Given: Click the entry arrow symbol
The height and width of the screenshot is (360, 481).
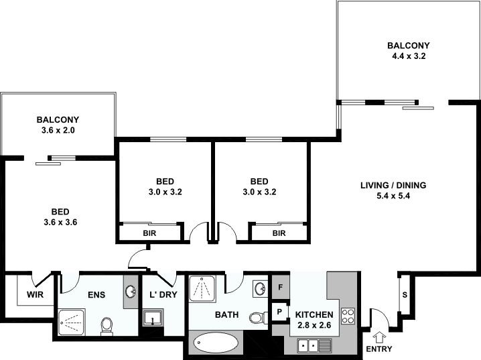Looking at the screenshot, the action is pyautogui.click(x=379, y=338).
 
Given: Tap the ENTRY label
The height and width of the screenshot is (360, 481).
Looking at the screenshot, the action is pyautogui.click(x=379, y=349).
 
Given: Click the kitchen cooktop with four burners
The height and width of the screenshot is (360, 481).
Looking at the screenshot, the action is pyautogui.click(x=348, y=316).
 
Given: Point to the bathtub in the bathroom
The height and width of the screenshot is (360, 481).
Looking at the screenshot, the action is pyautogui.click(x=216, y=343).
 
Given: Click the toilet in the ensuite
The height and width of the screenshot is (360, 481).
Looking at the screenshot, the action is pyautogui.click(x=107, y=326).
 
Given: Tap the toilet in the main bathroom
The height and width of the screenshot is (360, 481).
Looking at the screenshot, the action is pyautogui.click(x=258, y=318).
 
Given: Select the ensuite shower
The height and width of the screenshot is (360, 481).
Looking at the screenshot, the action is pyautogui.click(x=72, y=323).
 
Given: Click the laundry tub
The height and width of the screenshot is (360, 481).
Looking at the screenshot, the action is pyautogui.click(x=153, y=317).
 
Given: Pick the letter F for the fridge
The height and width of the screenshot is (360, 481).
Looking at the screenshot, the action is pyautogui.click(x=280, y=288).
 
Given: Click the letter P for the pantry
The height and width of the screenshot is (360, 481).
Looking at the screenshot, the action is pyautogui.click(x=279, y=312).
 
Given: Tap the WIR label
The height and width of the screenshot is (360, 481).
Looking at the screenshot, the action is pyautogui.click(x=36, y=295).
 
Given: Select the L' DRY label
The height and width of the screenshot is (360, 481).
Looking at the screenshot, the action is pyautogui.click(x=163, y=294).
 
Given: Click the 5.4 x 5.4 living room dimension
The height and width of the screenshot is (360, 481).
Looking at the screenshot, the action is pyautogui.click(x=393, y=196).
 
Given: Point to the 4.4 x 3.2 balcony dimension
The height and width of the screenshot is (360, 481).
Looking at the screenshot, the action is pyautogui.click(x=409, y=56).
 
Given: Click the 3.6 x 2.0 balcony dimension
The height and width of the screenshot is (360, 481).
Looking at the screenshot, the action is pyautogui.click(x=58, y=131).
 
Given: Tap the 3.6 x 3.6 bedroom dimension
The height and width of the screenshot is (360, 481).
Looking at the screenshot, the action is pyautogui.click(x=60, y=222).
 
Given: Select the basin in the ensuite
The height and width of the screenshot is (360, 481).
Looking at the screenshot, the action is pyautogui.click(x=131, y=292).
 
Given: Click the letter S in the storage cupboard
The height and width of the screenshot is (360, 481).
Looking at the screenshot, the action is pyautogui.click(x=405, y=295).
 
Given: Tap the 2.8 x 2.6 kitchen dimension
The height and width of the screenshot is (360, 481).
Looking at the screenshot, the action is pyautogui.click(x=314, y=325).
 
